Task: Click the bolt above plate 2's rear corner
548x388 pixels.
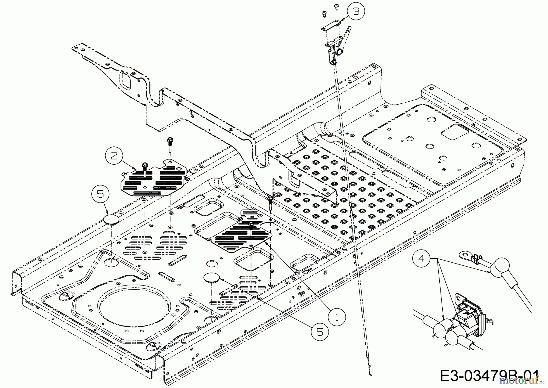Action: tap(169, 142)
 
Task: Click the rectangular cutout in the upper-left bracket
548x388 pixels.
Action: tap(125, 80)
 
